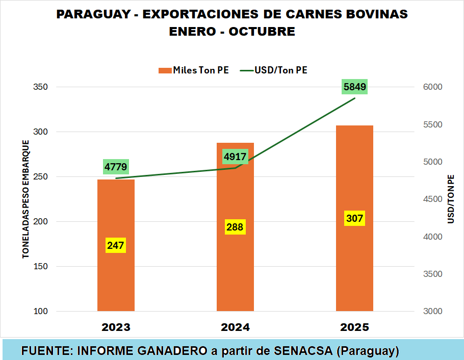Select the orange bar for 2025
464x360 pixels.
(354, 265)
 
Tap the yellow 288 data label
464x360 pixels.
(235, 227)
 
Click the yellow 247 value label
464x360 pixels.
(116, 245)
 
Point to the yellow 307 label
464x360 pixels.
(354, 219)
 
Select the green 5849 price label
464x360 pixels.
(355, 87)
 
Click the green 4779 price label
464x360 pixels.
(116, 167)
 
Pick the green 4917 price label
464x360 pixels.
(235, 157)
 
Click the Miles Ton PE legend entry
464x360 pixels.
(193, 70)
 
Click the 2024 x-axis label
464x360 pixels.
(235, 327)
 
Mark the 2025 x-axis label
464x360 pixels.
(354, 327)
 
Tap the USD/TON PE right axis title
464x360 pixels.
(451, 199)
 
